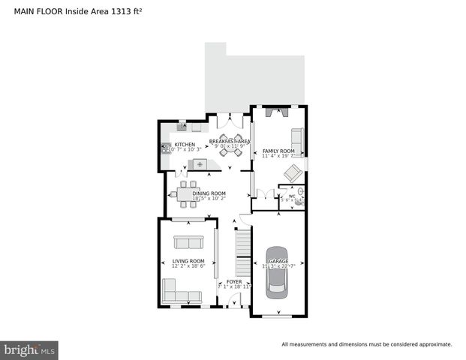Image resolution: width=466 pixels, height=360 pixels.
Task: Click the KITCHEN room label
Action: pyautogui.click(x=185, y=145)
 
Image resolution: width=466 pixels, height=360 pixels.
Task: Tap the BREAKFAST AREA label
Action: pyautogui.click(x=229, y=140)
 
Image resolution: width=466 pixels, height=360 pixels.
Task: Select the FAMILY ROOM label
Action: pyautogui.click(x=278, y=151)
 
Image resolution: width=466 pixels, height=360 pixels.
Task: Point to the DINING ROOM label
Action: pyautogui.click(x=209, y=193)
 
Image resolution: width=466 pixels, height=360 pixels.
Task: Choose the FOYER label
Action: pyautogui.click(x=234, y=282)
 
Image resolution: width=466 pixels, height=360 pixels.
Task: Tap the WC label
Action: pyautogui.click(x=284, y=196)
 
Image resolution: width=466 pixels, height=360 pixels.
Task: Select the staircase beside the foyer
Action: pyautogui.click(x=242, y=254)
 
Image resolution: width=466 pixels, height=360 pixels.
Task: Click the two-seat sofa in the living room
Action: pyautogui.click(x=188, y=242)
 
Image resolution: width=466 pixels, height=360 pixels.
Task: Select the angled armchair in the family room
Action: pyautogui.click(x=291, y=173)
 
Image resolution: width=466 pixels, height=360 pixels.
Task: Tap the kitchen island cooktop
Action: pyautogui.click(x=200, y=163)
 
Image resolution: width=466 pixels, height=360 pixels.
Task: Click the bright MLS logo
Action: pyautogui.click(x=30, y=350)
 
